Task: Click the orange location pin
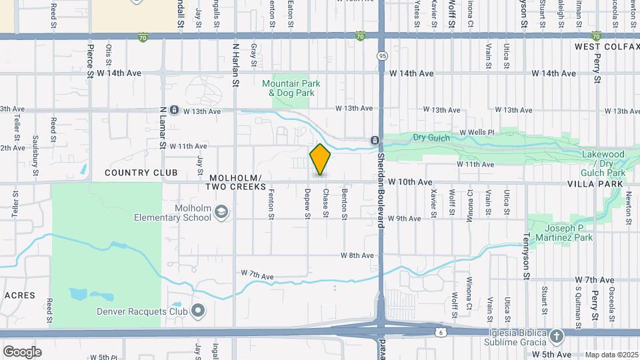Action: pos(320,160)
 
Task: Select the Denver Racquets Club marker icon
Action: pos(198,310)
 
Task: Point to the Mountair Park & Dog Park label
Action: pos(291,88)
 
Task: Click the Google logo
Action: pos(22,351)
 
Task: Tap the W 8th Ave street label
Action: pos(357,255)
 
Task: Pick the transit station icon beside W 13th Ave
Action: pos(173,110)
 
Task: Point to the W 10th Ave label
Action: pos(410,182)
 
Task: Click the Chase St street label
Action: pos(325,203)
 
